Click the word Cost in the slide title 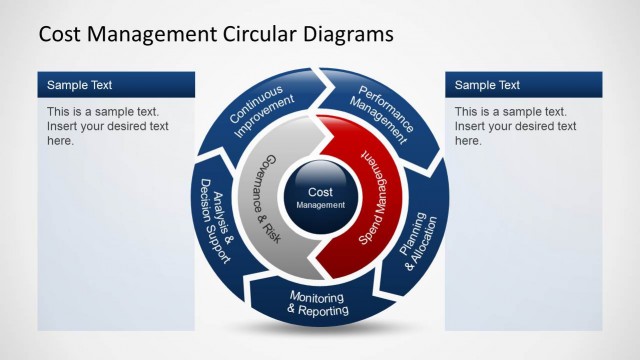[x=63, y=34]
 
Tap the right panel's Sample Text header [x=487, y=85]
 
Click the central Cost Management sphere [x=320, y=197]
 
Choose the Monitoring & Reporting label [x=318, y=304]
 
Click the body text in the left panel [x=108, y=126]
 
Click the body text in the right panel [x=515, y=126]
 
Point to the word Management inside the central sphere [x=320, y=205]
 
